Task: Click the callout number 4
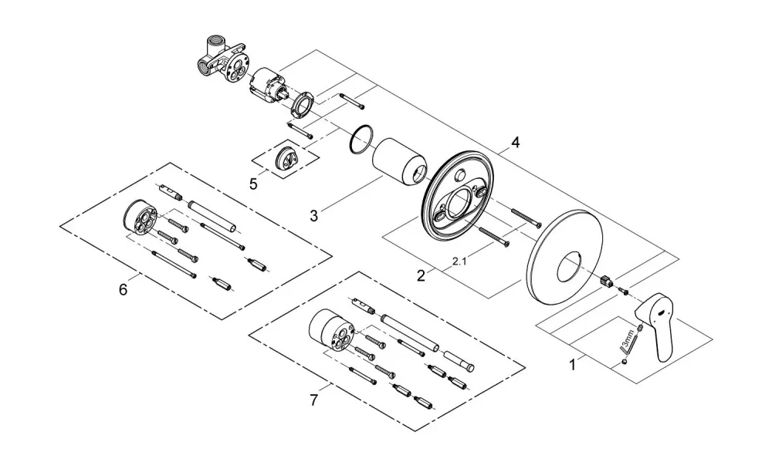click(x=515, y=143)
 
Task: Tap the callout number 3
click(x=313, y=215)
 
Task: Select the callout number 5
click(x=253, y=184)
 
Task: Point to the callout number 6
click(x=123, y=289)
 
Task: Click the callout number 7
click(x=314, y=400)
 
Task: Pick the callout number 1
click(x=572, y=365)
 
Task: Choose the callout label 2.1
click(x=459, y=262)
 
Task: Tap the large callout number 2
click(x=421, y=275)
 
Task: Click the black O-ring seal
click(x=361, y=140)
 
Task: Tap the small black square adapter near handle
click(x=607, y=281)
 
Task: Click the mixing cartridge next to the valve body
click(x=269, y=86)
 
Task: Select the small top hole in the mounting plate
click(x=460, y=175)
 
